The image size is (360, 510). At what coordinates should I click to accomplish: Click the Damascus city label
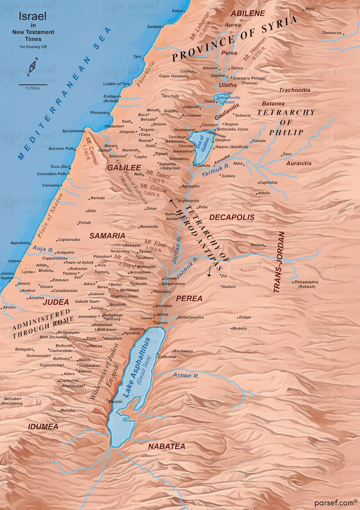coord(332,33)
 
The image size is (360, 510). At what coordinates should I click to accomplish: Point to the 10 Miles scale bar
coord(32,85)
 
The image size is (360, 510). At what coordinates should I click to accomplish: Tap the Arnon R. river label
coord(185,375)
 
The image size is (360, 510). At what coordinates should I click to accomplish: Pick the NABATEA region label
coord(166,446)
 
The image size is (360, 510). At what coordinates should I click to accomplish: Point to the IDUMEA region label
coord(43,426)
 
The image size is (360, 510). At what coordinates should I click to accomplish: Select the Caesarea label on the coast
coord(51,185)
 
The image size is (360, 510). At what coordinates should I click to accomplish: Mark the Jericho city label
coord(162,314)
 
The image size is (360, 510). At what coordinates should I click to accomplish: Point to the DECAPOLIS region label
coord(232,217)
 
